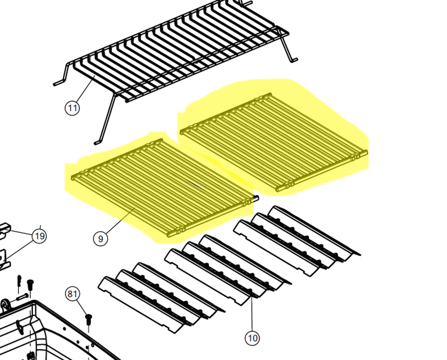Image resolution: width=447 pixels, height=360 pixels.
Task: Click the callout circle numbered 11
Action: tap(72, 108)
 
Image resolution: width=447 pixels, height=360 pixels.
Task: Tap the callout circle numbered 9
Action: tap(100, 239)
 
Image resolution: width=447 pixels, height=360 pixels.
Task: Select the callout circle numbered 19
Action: tap(39, 236)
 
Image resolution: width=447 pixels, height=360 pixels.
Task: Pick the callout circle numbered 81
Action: tap(72, 294)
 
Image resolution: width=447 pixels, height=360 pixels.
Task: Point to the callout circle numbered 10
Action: tap(252, 338)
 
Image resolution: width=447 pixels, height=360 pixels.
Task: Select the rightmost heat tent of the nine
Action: tap(315, 233)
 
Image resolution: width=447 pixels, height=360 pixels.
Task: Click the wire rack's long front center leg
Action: tap(106, 119)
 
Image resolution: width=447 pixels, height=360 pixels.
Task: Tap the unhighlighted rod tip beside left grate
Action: tap(256, 198)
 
